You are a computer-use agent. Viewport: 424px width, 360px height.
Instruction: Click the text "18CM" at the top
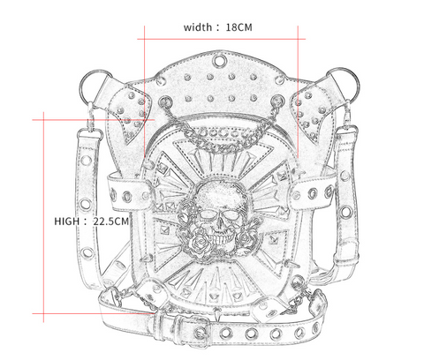(x=239, y=26)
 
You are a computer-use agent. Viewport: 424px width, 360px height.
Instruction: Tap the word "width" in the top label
(x=199, y=26)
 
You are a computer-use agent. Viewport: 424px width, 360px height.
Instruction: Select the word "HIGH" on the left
(x=67, y=221)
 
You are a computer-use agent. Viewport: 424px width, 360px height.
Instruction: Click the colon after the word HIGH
(x=86, y=221)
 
